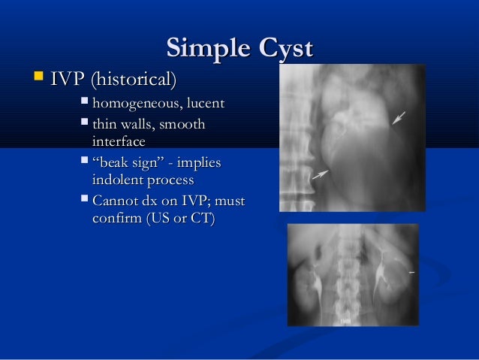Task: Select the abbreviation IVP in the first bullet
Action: tap(68, 78)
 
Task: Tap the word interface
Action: tap(118, 141)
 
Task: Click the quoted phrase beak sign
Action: tap(128, 163)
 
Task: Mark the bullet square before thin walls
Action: tap(83, 124)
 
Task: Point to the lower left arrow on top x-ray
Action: tap(321, 174)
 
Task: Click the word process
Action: tap(170, 180)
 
